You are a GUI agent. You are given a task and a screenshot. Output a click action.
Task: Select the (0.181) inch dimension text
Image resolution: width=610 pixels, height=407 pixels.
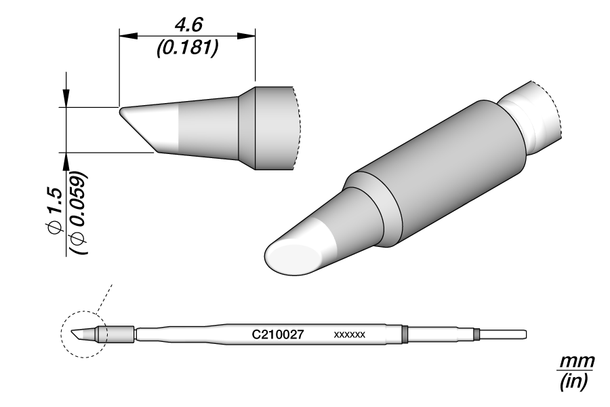pyautogui.click(x=186, y=50)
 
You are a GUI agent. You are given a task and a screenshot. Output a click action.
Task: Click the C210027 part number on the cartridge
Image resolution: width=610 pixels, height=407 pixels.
pyautogui.click(x=277, y=334)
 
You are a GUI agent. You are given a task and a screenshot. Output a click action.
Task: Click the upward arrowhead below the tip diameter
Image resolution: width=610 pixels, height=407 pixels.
pyautogui.click(x=66, y=159)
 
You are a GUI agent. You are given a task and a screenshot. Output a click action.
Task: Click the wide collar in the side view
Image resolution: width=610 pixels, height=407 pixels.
pyautogui.click(x=271, y=128)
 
